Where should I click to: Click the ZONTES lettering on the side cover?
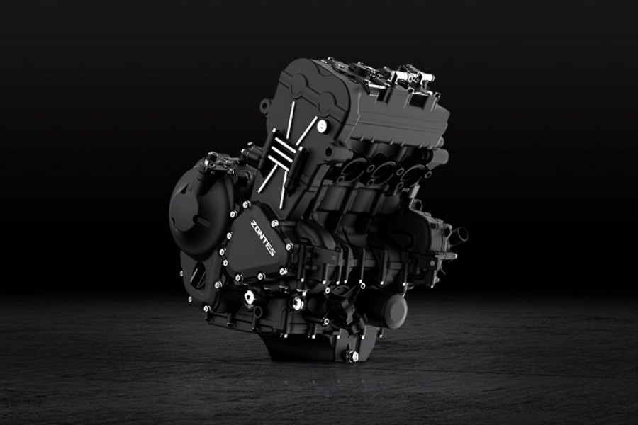click(262, 238)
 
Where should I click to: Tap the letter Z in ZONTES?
click(253, 223)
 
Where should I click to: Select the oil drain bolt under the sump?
click(349, 356)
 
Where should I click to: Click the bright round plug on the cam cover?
click(323, 125)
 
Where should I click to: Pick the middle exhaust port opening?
click(383, 172)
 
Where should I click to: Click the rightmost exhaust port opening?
click(411, 174)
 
